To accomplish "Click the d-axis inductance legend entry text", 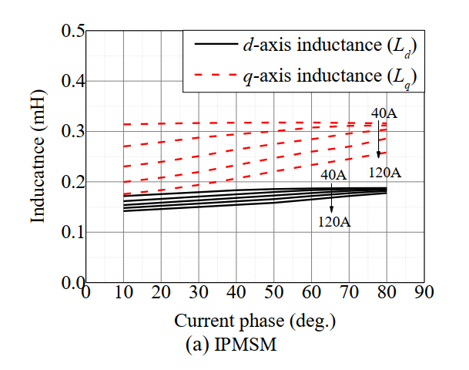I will [330, 45].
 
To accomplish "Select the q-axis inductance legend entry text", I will [330, 76].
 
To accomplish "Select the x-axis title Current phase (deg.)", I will [255, 320].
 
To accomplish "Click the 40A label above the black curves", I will [333, 174].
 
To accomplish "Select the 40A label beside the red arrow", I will [384, 114].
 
